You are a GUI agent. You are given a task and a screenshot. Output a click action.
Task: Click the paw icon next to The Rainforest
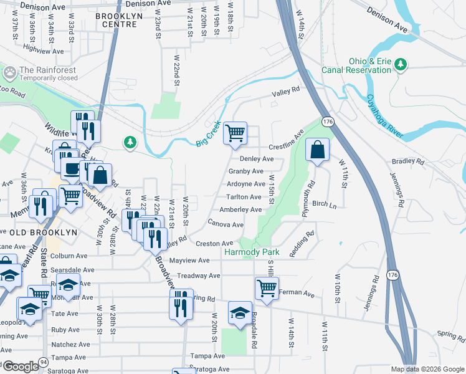pyautogui.click(x=10, y=73)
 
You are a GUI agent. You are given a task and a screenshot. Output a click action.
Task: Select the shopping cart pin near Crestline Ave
pyautogui.click(x=235, y=133)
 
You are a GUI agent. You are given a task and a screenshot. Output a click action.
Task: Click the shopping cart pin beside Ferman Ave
pyautogui.click(x=266, y=289)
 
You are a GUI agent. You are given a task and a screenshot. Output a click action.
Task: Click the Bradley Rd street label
pyautogui.click(x=407, y=161)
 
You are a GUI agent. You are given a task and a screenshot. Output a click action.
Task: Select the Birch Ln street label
pyautogui.click(x=324, y=204)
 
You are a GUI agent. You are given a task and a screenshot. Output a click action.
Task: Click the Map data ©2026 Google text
pyautogui.click(x=427, y=369)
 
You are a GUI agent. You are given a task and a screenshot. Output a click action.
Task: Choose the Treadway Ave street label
pyautogui.click(x=199, y=276)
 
